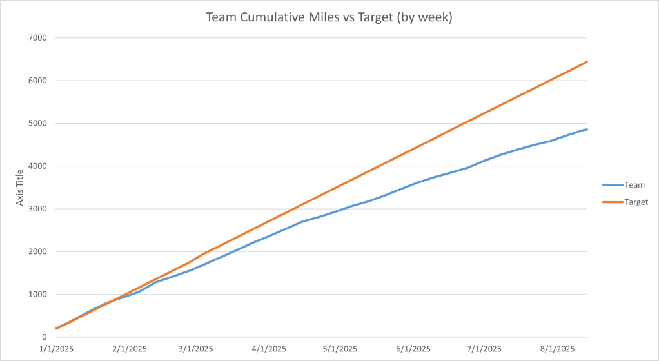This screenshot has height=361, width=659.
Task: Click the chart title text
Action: (329, 17)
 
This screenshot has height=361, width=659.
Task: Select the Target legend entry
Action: (636, 202)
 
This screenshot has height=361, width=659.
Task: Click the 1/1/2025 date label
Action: (57, 349)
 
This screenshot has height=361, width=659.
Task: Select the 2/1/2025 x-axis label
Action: (130, 349)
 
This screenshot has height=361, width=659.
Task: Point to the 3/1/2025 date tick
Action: (195, 349)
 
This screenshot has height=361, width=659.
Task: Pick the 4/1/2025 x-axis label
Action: (268, 349)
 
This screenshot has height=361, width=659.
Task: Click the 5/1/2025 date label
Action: (339, 349)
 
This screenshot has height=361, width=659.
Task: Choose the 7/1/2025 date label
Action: (483, 349)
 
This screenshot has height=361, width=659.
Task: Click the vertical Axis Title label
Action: (20, 188)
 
